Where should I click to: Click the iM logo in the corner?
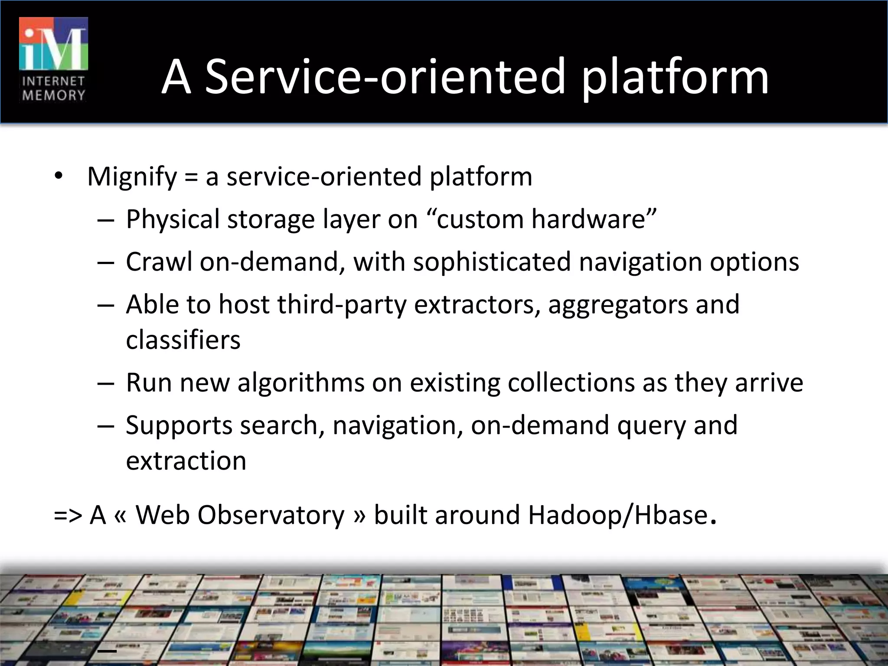(x=53, y=44)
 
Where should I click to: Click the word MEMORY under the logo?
(x=53, y=95)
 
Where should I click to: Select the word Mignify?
(x=132, y=177)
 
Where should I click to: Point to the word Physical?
(x=173, y=219)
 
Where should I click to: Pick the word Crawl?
(x=159, y=262)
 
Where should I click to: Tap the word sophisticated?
(x=492, y=262)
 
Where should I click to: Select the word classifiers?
(x=183, y=340)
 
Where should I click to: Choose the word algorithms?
(x=301, y=383)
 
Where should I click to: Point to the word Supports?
(x=179, y=425)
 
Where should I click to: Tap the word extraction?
(x=186, y=460)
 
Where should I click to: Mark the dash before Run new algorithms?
(x=106, y=383)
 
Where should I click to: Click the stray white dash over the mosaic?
(x=107, y=651)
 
